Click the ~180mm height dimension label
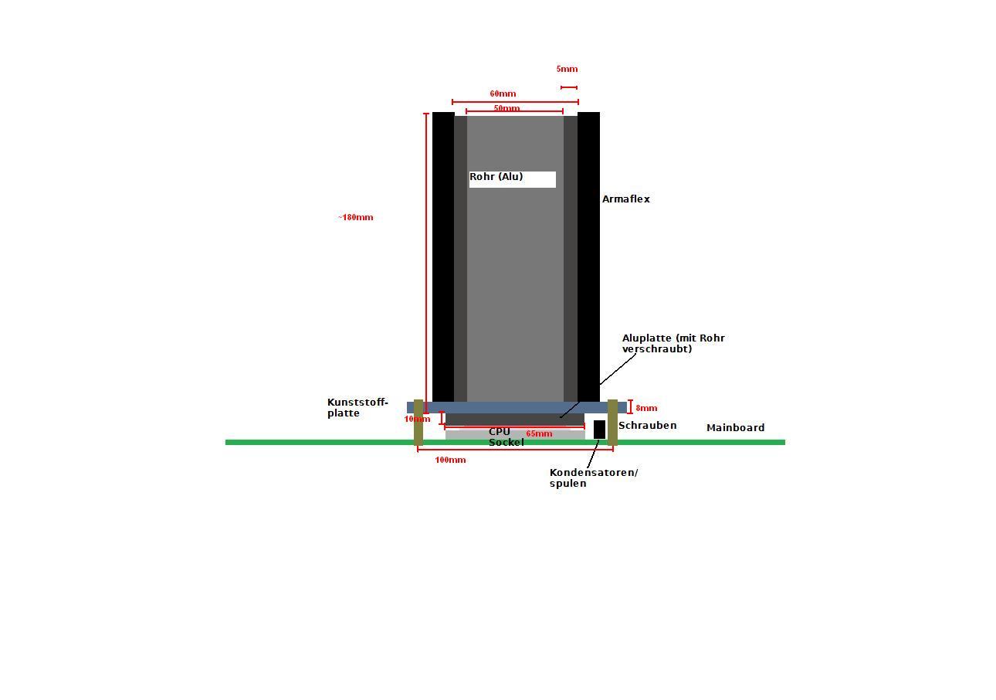tap(355, 217)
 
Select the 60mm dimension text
tap(503, 94)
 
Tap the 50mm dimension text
tap(506, 108)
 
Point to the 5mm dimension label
tap(567, 70)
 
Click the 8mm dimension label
tap(646, 408)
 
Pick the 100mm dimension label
tap(450, 460)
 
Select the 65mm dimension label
tap(539, 434)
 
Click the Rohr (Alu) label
tap(496, 177)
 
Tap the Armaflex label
tap(626, 199)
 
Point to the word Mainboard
tap(735, 428)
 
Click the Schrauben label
tap(647, 426)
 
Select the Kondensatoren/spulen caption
tap(593, 477)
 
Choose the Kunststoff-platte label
tap(357, 408)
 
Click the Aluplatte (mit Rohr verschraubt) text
tap(673, 343)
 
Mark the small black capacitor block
tap(599, 430)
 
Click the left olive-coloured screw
tap(418, 422)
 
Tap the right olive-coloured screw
tap(612, 422)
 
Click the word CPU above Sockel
tap(500, 432)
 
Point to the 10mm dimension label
tap(417, 420)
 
